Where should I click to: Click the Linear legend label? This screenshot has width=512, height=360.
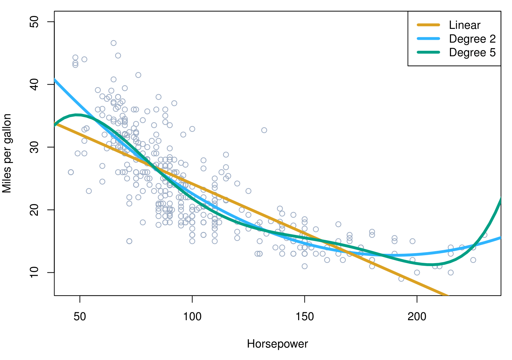click(x=465, y=25)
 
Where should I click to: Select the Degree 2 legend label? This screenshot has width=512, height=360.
click(x=472, y=39)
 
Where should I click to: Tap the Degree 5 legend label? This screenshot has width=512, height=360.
click(x=472, y=52)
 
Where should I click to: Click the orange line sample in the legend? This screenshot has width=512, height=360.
click(x=428, y=25)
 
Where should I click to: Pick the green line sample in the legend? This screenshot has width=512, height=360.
click(x=428, y=52)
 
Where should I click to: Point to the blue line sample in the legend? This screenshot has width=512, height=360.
click(x=428, y=39)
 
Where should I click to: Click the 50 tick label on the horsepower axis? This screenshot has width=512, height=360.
click(x=80, y=317)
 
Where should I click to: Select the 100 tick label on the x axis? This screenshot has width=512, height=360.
click(x=192, y=317)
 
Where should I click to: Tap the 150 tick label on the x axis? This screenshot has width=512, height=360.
click(x=304, y=317)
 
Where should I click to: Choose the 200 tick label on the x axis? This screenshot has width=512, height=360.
click(x=417, y=317)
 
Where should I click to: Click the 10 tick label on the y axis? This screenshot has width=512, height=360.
click(x=35, y=272)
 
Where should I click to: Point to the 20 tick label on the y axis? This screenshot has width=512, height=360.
click(x=35, y=210)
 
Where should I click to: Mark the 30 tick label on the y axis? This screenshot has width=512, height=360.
click(x=35, y=147)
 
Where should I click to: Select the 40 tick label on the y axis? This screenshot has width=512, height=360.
click(x=35, y=84)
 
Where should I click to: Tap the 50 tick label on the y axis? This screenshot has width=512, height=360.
click(x=35, y=22)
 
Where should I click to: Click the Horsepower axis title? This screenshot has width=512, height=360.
click(x=277, y=344)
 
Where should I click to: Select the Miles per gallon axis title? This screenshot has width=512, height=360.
click(x=7, y=153)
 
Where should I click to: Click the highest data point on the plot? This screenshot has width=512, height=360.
click(x=114, y=43)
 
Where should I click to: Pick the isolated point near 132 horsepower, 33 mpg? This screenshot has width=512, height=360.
click(x=264, y=130)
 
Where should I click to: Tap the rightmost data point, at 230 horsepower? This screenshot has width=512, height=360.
click(x=484, y=235)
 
